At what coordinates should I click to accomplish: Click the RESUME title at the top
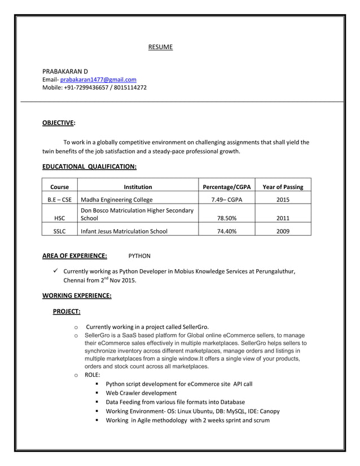pos(160,47)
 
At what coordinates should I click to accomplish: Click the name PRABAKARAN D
pos(65,72)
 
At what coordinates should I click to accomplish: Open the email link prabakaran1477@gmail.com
pos(98,80)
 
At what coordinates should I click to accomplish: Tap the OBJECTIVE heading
pos(59,122)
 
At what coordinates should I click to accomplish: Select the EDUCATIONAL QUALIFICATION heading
pos(89,166)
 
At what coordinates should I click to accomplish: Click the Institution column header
pos(138,187)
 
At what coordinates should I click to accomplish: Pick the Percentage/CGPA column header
pos(226,187)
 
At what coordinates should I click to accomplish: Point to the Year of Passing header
pos(283,187)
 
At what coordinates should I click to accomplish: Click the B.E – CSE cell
pos(59,199)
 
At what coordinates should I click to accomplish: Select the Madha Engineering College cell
pos(117,199)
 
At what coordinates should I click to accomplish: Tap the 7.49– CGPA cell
pos(226,199)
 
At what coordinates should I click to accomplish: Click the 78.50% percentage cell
pos(226,218)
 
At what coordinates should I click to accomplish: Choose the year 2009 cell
pos(283,231)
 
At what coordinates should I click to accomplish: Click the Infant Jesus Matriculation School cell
pos(124,231)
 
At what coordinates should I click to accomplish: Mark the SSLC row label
pos(59,231)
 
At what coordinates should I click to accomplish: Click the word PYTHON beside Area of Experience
pos(139,256)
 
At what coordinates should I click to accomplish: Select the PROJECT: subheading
pos(66,311)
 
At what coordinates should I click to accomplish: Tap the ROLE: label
pos(92,375)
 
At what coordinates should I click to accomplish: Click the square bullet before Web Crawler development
pos(98,393)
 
